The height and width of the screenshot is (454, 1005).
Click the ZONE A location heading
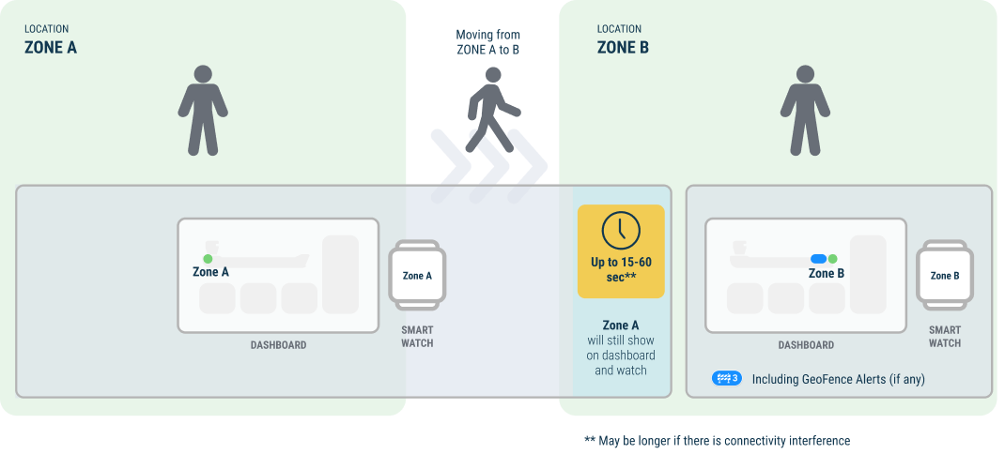(x=51, y=47)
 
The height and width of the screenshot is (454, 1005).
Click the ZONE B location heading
(x=623, y=47)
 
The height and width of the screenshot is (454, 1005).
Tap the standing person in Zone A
(x=203, y=110)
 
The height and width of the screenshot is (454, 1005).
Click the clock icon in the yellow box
(x=621, y=229)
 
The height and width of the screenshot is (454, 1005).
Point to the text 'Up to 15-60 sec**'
(x=621, y=269)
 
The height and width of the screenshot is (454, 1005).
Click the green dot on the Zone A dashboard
(x=208, y=259)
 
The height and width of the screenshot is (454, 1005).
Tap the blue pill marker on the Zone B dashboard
(x=818, y=259)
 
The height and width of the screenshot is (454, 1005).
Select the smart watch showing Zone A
(x=417, y=276)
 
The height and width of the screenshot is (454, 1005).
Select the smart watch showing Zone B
(x=944, y=276)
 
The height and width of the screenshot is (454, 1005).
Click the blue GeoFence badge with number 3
(x=727, y=379)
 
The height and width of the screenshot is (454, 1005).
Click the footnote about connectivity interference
(x=717, y=440)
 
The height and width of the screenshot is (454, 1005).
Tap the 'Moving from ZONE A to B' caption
(x=487, y=42)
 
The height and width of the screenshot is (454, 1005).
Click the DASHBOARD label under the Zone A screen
(x=278, y=345)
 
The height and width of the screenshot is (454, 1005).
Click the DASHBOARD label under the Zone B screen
(x=806, y=345)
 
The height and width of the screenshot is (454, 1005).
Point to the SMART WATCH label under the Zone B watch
(x=944, y=337)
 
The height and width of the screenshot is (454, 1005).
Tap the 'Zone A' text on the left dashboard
(x=211, y=272)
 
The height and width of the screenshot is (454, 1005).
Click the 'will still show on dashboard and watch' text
(x=621, y=356)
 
